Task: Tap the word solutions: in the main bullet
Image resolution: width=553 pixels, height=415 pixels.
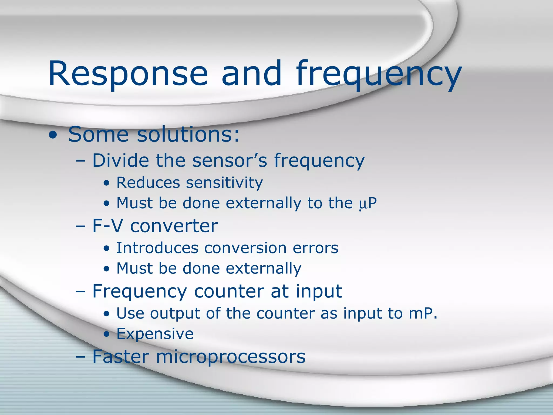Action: [x=188, y=134]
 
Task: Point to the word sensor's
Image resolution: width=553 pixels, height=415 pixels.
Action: [x=230, y=160]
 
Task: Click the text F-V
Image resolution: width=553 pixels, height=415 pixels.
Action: [x=107, y=226]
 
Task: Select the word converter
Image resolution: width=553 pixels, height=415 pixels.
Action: [x=174, y=226]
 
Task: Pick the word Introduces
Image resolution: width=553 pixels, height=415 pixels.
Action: [x=157, y=248]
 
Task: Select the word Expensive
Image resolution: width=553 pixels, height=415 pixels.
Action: [x=155, y=334]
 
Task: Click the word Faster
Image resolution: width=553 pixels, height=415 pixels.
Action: [x=121, y=357]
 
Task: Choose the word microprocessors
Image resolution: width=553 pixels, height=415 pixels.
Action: [x=231, y=357]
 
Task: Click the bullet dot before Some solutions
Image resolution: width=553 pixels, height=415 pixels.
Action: [x=53, y=136]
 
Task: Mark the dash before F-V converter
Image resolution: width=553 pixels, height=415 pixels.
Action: [x=80, y=226]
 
